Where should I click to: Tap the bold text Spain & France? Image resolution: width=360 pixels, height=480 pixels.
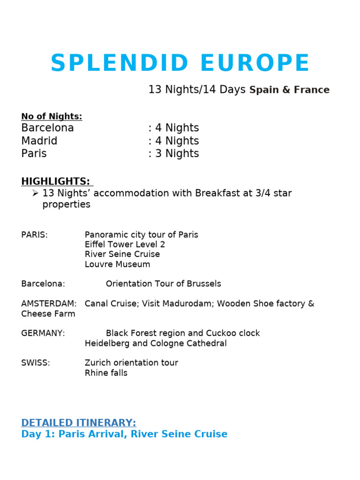[x=289, y=90]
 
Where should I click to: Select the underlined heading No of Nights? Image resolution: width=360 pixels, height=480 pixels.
[x=52, y=117]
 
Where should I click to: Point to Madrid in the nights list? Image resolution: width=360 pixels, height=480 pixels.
[x=39, y=141]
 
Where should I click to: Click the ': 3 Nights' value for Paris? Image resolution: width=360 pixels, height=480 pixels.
[x=173, y=154]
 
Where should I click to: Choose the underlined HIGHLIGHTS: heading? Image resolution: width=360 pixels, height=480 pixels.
[x=56, y=181]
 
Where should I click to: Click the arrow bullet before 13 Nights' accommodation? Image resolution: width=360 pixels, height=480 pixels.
[x=35, y=193]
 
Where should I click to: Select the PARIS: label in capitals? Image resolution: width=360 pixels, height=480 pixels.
[x=34, y=235]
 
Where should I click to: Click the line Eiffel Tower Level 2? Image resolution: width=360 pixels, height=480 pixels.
[x=125, y=245]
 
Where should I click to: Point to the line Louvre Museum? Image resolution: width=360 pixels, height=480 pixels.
[x=117, y=264]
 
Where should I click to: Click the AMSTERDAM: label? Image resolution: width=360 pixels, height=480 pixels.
[x=49, y=304]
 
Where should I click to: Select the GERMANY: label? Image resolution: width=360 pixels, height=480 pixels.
[x=43, y=333]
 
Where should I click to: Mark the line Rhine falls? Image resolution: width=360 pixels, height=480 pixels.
[x=106, y=373]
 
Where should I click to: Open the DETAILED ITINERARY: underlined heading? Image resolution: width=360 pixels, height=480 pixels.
[x=78, y=423]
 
